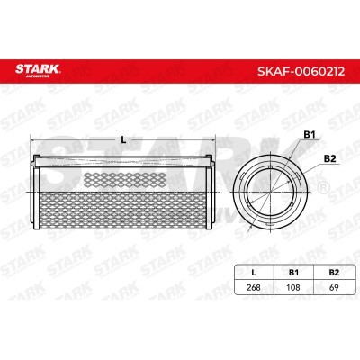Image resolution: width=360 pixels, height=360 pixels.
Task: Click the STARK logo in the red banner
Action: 38,70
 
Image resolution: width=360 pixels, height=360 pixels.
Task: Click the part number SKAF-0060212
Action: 301,71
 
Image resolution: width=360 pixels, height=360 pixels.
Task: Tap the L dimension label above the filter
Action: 123,139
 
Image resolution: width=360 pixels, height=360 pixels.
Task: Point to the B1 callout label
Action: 310,135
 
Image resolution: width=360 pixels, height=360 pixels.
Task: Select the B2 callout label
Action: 329,159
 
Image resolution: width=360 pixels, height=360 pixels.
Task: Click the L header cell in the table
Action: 254,273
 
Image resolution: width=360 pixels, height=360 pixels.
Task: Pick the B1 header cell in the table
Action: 293,273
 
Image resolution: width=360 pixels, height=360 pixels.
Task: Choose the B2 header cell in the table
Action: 334,273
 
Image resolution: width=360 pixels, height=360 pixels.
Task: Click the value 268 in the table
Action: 254,287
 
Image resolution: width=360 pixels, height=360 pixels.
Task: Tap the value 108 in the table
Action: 293,287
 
